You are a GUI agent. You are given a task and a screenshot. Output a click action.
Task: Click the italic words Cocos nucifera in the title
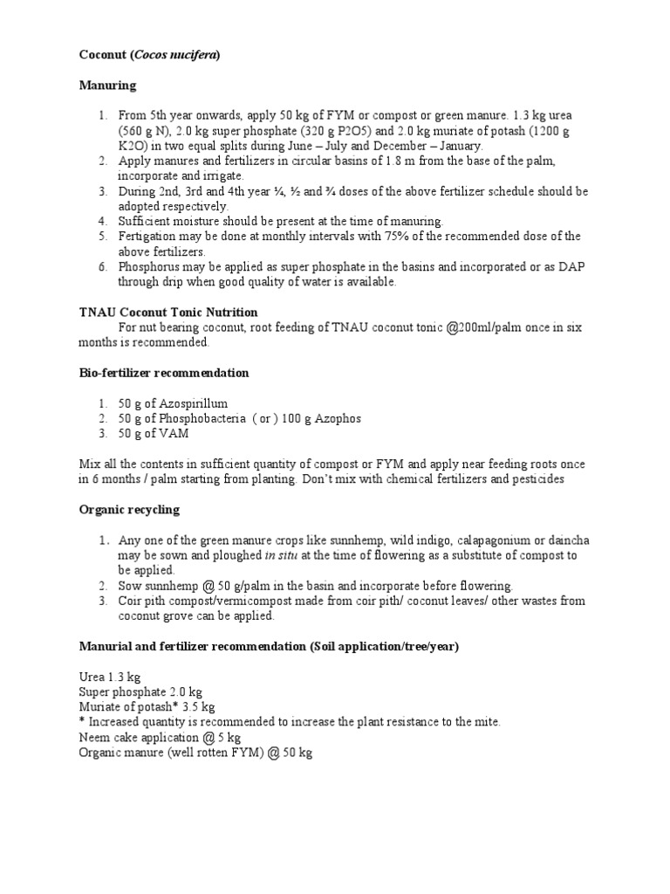click(176, 55)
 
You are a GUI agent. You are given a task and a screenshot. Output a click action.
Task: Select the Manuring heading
click(107, 86)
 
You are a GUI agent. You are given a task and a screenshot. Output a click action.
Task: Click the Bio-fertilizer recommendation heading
click(163, 373)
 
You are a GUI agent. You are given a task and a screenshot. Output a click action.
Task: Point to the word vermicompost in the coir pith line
click(231, 601)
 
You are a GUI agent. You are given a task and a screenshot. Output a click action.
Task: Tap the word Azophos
click(335, 418)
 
